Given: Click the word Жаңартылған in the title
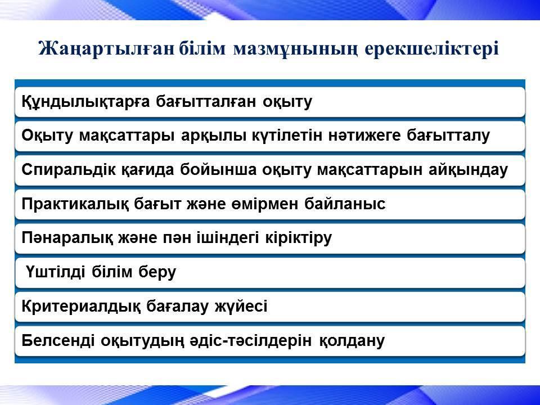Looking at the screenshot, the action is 106,48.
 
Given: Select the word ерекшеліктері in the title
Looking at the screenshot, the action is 431,49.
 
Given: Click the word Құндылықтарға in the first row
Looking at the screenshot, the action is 85,102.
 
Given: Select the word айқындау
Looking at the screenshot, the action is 469,170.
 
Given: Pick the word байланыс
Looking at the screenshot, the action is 345,204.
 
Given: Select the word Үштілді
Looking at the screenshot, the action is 56,272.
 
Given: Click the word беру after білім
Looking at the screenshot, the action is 157,272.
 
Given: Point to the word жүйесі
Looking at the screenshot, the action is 241,306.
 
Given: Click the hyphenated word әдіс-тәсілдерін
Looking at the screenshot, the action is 251,341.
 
